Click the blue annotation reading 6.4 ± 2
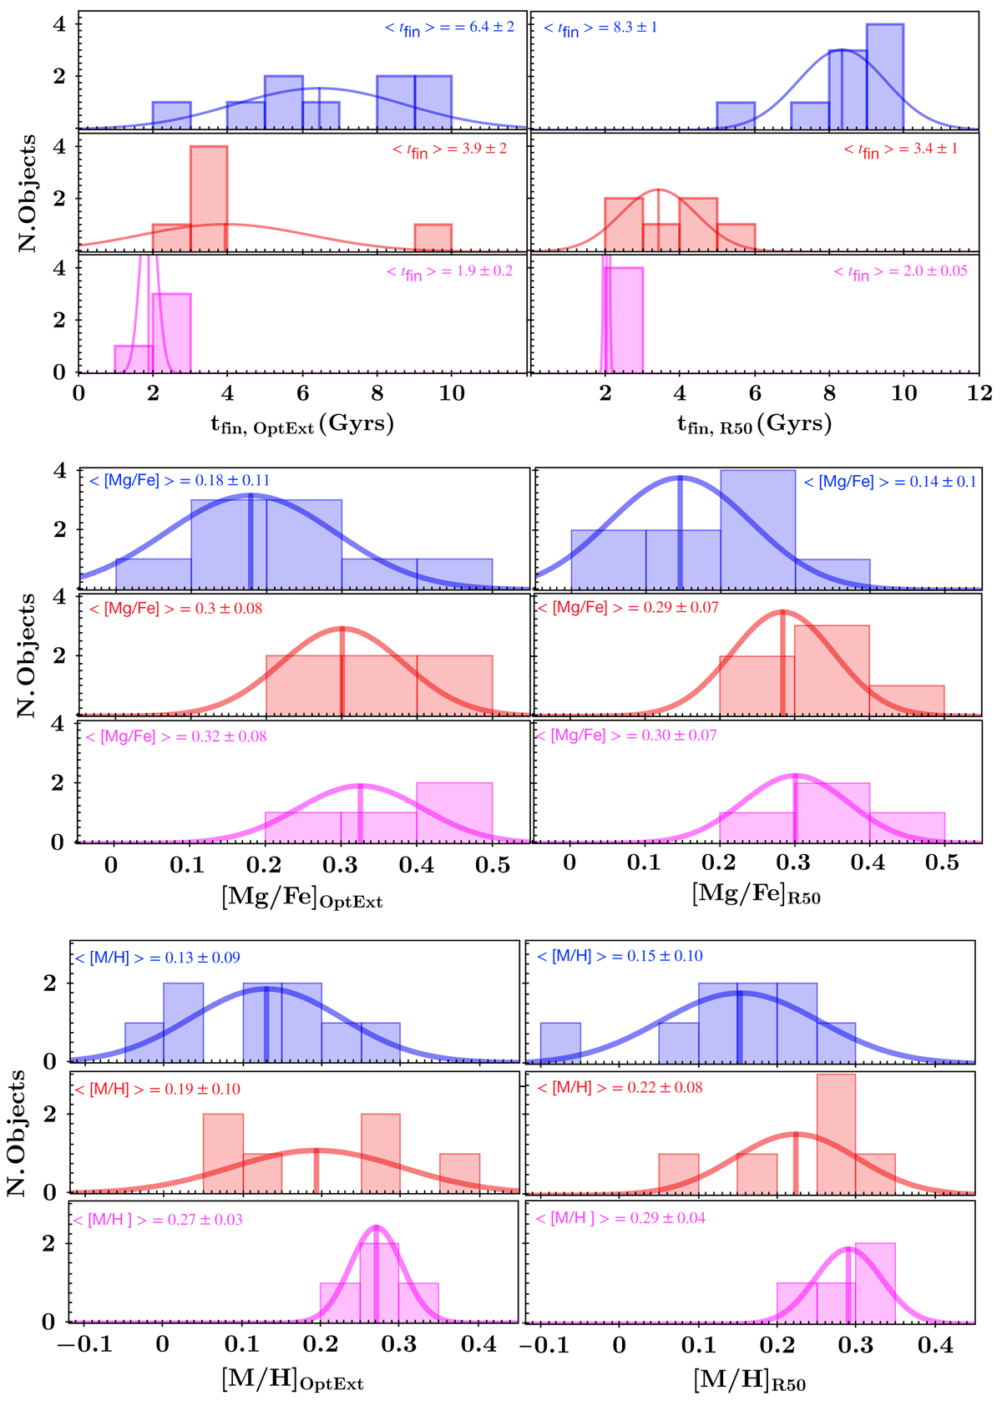pos(449,28)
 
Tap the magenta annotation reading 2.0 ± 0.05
pos(901,272)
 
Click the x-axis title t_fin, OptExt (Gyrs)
pos(301,424)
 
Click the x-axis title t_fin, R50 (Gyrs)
pos(754,424)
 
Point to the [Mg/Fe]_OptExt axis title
pos(301,898)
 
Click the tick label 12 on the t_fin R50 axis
pos(979,393)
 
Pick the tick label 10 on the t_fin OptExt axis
pos(452,393)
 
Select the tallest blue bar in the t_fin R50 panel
pos(885,76)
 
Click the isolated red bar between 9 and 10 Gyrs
pos(433,236)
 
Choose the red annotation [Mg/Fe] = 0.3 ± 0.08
pos(175,609)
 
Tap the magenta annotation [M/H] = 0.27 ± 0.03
pos(159,1220)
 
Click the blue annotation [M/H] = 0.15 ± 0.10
pos(620,957)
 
